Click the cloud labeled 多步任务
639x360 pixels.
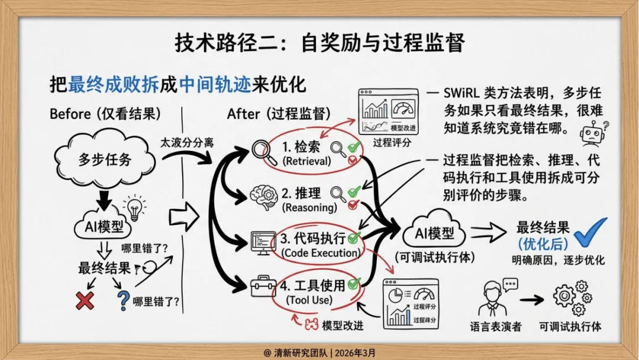[x=105, y=159]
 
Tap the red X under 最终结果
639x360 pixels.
[x=85, y=301]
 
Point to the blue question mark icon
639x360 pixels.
[x=123, y=300]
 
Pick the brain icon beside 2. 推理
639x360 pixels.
[x=260, y=195]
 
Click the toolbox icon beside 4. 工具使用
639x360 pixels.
[x=260, y=287]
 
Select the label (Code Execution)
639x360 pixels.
[x=321, y=253]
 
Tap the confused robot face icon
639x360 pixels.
[x=592, y=133]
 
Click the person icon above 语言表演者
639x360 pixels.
[x=494, y=297]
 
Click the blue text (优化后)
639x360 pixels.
[x=543, y=243]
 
